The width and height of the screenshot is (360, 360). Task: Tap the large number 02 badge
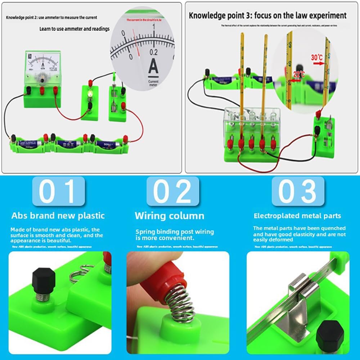tap(173, 191)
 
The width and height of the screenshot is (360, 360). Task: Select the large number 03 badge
tap(297, 191)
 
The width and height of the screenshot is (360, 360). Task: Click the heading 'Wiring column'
tap(169, 216)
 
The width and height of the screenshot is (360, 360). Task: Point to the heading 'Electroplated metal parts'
tap(297, 216)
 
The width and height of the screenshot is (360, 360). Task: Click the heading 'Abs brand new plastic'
tap(58, 216)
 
